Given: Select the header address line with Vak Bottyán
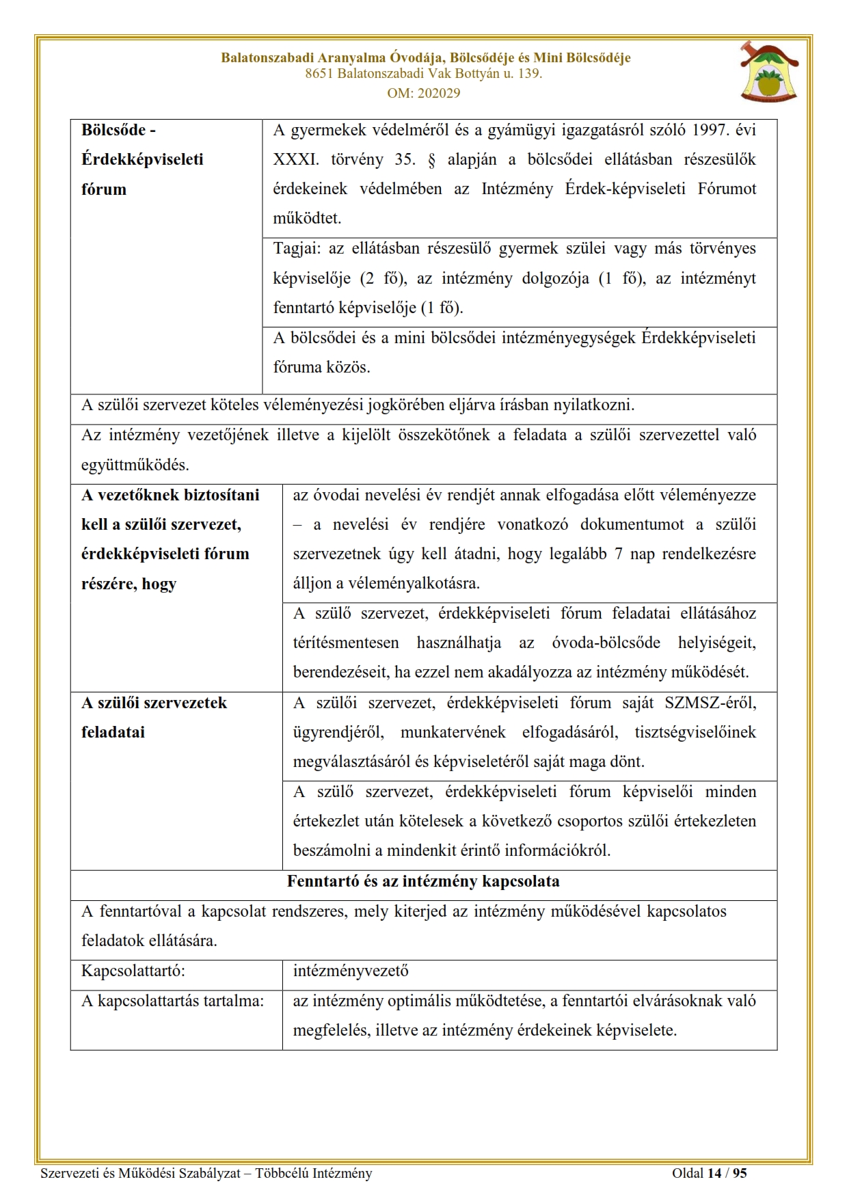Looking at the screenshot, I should (423, 74).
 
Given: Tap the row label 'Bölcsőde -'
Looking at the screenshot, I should (118, 130).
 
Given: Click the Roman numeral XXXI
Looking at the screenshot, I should (296, 159).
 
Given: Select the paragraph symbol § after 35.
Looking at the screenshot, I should (431, 159).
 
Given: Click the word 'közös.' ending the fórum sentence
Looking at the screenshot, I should (349, 367).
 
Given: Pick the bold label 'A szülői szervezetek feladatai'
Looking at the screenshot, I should (154, 717).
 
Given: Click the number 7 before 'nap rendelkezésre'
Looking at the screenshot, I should (618, 554).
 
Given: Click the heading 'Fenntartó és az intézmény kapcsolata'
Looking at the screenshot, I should (423, 881).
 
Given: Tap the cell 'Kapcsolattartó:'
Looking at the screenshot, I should (133, 971).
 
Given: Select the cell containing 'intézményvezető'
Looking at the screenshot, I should (351, 971).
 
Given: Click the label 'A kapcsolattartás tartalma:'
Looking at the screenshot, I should (172, 1001).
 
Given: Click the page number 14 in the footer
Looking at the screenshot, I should (714, 1173).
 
